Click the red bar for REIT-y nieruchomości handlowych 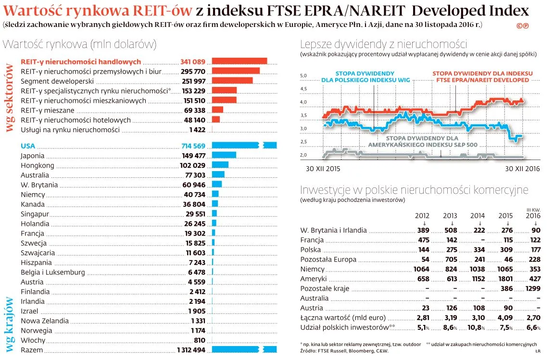(239, 61)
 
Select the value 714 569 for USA (193, 146)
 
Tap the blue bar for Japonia (224, 155)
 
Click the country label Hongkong (38, 165)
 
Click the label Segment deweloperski (50, 81)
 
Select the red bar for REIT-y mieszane (217, 110)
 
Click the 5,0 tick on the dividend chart (303, 76)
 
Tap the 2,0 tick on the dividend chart (303, 155)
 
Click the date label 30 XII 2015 (323, 169)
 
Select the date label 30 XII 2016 (522, 169)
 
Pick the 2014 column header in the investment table (478, 216)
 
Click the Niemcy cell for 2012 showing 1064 (421, 269)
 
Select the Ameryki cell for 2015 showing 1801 (505, 279)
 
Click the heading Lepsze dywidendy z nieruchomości (383, 44)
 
